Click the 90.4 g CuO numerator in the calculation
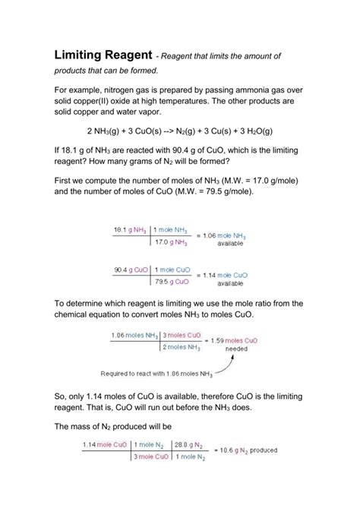tap(130, 270)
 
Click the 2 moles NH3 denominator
tap(180, 347)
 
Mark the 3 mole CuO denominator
tap(152, 458)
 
